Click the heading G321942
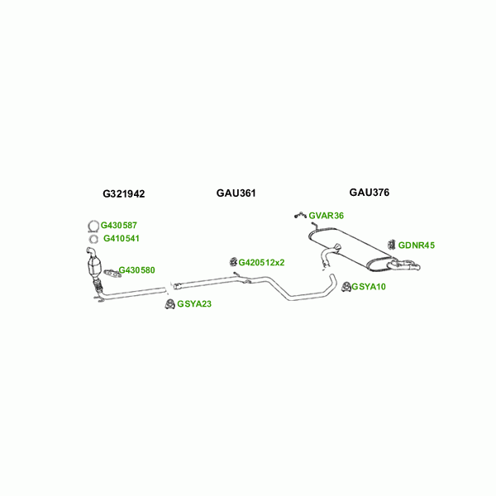pos(124,193)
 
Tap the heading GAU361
pos(236,193)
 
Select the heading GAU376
pos(369,193)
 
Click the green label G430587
pos(120,225)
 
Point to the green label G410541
pos(121,239)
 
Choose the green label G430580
pos(136,270)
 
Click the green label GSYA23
pos(194,304)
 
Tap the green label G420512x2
pos(261,263)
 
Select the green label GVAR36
pos(326,216)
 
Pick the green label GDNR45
pos(416,246)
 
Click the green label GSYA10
pos(369,287)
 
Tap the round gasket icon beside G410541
pos(93,240)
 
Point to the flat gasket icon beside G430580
pos(110,271)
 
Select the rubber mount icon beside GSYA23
pos(169,304)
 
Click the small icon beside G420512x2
pos(233,262)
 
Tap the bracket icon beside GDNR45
pos(391,245)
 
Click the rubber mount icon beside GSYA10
pos(346,287)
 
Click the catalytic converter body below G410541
pos(94,268)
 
